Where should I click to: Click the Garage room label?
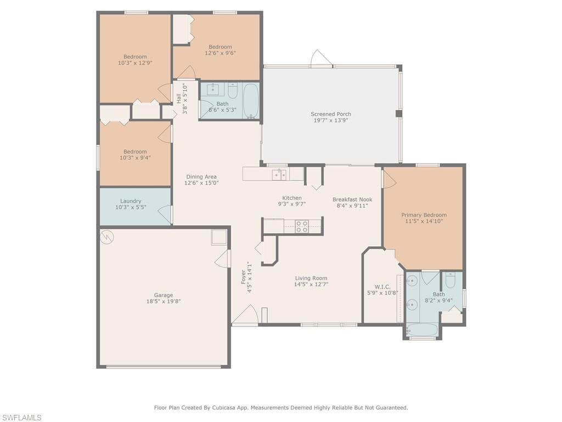click(x=164, y=295)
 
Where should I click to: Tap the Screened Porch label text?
click(x=330, y=114)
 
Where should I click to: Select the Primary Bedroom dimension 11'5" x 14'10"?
click(x=424, y=221)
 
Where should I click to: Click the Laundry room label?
click(x=131, y=201)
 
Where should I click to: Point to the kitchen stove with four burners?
click(x=301, y=226)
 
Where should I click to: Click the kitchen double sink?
click(x=279, y=175)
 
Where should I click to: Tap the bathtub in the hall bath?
click(x=251, y=100)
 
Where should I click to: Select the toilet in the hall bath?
click(x=232, y=90)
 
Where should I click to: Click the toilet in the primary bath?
click(x=450, y=281)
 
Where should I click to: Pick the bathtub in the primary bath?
click(x=422, y=330)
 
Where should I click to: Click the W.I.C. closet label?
click(x=383, y=287)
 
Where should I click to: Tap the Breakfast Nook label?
click(x=352, y=199)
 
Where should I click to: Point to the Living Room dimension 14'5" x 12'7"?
click(x=311, y=284)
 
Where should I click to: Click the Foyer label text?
click(x=243, y=276)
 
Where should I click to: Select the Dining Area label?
click(x=201, y=177)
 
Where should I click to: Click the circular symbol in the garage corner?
click(x=108, y=237)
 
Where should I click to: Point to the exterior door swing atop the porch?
click(x=321, y=58)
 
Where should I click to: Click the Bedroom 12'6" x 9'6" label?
click(x=220, y=47)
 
